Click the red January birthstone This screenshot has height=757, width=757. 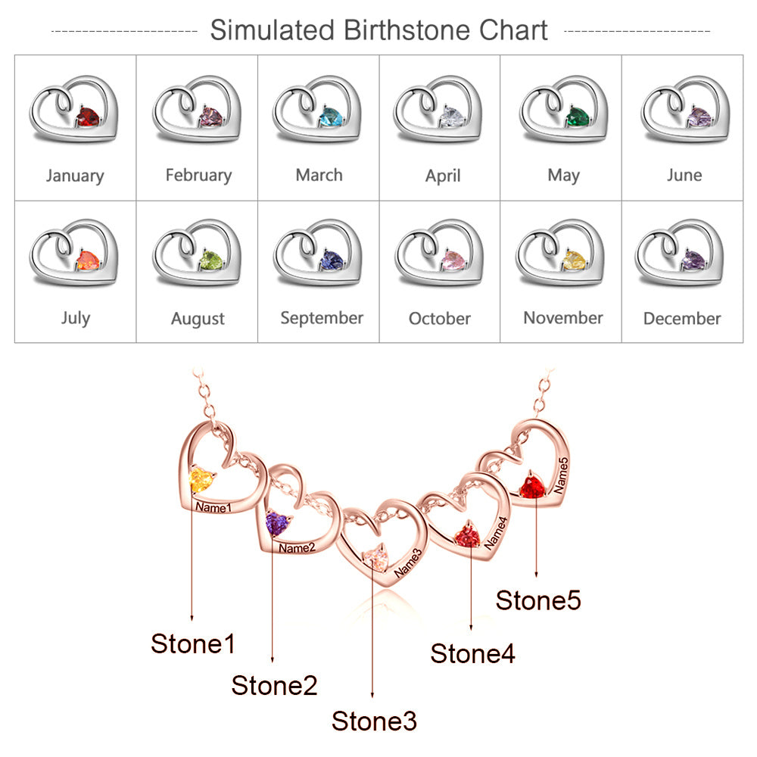pyautogui.click(x=88, y=117)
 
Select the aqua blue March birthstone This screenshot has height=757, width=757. pyautogui.click(x=331, y=117)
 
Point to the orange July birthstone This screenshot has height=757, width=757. pyautogui.click(x=87, y=261)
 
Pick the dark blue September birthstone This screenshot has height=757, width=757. pyautogui.click(x=332, y=261)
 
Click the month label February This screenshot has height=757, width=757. pyautogui.click(x=198, y=176)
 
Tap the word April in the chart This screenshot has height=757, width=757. pyautogui.click(x=443, y=176)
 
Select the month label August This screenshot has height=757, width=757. pyautogui.click(x=198, y=319)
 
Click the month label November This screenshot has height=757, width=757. pyautogui.click(x=563, y=318)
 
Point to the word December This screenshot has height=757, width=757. pyautogui.click(x=682, y=319)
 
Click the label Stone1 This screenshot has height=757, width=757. pyautogui.click(x=193, y=644)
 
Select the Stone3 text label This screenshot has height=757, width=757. pyautogui.click(x=374, y=721)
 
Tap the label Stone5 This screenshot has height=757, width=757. pyautogui.click(x=538, y=601)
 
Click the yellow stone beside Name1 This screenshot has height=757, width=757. pyautogui.click(x=201, y=480)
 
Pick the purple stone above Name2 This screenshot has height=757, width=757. pyautogui.click(x=278, y=522)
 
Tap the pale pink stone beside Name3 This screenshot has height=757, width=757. pyautogui.click(x=375, y=559)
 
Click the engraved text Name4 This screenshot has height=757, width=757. pyautogui.click(x=497, y=532)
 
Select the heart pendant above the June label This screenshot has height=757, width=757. pyautogui.click(x=684, y=110)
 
